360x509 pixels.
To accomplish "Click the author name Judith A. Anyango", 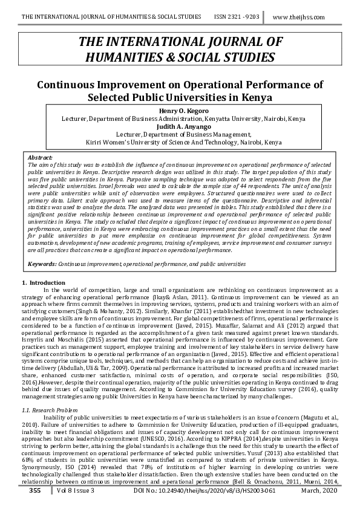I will click(180, 126).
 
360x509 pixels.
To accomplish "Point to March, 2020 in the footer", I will click(318, 491).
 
